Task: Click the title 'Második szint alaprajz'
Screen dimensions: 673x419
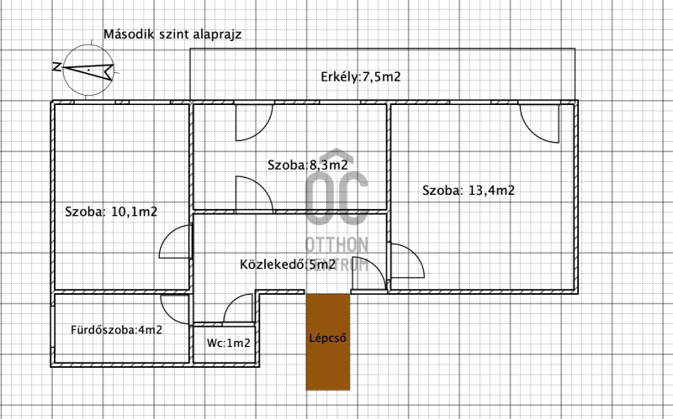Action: pyautogui.click(x=172, y=34)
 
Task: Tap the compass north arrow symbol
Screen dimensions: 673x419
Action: pyautogui.click(x=88, y=70)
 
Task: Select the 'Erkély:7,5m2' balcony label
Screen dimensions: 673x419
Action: pyautogui.click(x=361, y=76)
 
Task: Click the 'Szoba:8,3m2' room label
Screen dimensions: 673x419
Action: pyautogui.click(x=307, y=165)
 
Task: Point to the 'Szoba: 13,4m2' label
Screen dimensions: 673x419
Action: pyautogui.click(x=469, y=191)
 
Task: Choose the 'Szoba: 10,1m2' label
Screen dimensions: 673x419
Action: pyautogui.click(x=111, y=212)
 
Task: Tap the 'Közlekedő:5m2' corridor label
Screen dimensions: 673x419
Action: pyautogui.click(x=288, y=264)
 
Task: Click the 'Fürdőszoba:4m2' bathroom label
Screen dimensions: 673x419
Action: pyautogui.click(x=116, y=330)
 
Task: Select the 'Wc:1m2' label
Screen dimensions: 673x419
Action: pyautogui.click(x=228, y=343)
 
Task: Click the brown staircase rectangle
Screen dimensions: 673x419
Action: pyautogui.click(x=328, y=342)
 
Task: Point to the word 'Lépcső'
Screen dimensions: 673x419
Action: pyautogui.click(x=327, y=338)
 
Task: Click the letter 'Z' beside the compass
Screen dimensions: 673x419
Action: pyautogui.click(x=56, y=67)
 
